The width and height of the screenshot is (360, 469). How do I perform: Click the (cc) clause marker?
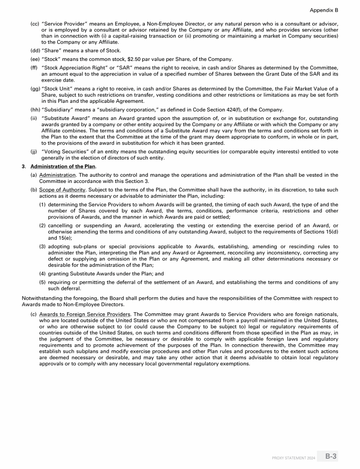click(35, 23)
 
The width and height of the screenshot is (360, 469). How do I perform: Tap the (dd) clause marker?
click(35, 51)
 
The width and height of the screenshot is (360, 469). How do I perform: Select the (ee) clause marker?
click(35, 59)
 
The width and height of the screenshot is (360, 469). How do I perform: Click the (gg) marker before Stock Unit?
click(35, 89)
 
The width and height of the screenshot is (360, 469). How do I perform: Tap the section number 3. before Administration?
click(24, 166)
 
